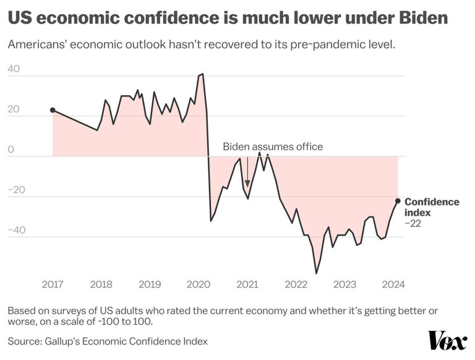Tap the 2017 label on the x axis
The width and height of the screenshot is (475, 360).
coord(53,285)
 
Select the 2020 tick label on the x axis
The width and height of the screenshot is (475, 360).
coord(199,285)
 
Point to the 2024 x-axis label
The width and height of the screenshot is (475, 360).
coord(393,285)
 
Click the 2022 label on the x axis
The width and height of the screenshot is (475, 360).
coord(296,285)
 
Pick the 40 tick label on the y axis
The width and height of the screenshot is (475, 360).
coord(14,69)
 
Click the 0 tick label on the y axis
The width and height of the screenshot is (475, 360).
coord(10,149)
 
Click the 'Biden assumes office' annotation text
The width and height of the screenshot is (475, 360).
coord(273,147)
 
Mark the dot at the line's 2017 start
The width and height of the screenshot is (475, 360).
coord(53,110)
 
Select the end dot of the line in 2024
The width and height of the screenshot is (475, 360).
coord(398,200)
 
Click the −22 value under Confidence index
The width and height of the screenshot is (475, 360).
coord(413,223)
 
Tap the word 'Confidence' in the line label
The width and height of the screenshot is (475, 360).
coord(432,202)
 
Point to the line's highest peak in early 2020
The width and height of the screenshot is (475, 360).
coord(202,74)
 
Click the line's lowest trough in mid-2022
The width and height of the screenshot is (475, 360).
coord(316,273)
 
